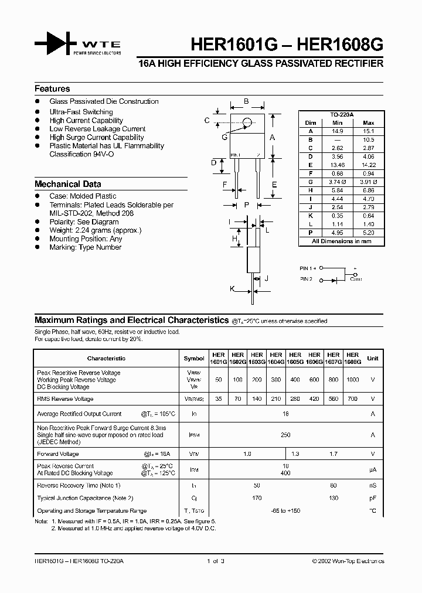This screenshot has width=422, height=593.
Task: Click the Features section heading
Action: (52, 89)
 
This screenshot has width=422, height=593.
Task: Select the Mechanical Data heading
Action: (67, 184)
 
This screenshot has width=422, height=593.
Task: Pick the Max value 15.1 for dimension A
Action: (368, 132)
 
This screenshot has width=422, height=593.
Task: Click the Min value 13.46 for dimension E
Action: (337, 165)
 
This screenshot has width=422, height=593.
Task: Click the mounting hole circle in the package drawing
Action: (247, 122)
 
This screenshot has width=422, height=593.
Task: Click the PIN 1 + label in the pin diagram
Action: (308, 268)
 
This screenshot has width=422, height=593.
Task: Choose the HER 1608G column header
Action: (352, 359)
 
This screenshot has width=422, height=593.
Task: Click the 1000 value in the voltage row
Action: (352, 380)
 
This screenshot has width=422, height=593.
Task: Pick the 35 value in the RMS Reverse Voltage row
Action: (219, 399)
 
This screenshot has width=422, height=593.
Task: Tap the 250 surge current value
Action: (285, 435)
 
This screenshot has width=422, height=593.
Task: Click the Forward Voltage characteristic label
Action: (57, 454)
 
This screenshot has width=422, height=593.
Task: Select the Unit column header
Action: (373, 359)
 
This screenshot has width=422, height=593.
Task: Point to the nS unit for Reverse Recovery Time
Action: (373, 486)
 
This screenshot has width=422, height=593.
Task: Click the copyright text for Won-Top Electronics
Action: (348, 561)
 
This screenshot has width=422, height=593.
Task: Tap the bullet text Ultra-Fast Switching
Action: (81, 112)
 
